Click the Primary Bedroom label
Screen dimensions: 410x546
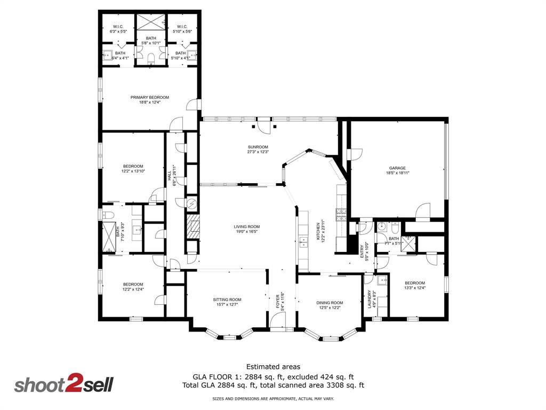150,97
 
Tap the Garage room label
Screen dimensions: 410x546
397,168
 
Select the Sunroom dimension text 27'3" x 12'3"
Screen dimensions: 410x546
258,152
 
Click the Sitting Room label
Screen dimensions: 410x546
227,299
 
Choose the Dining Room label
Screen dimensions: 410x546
331,303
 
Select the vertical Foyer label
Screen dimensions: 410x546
278,301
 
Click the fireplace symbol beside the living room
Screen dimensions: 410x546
193,226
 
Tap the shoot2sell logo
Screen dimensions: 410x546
63,385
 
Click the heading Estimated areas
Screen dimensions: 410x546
273,367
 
